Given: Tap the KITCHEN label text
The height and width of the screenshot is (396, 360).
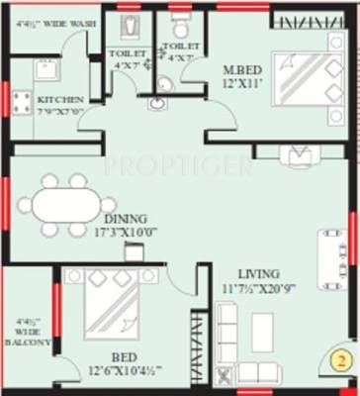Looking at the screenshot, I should point(60,100).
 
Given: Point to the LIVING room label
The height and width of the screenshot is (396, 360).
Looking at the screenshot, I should point(257,274).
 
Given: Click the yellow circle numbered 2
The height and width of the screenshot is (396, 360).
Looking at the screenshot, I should point(339,360).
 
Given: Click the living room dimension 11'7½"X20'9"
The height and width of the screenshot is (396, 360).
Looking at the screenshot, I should point(257,289).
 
